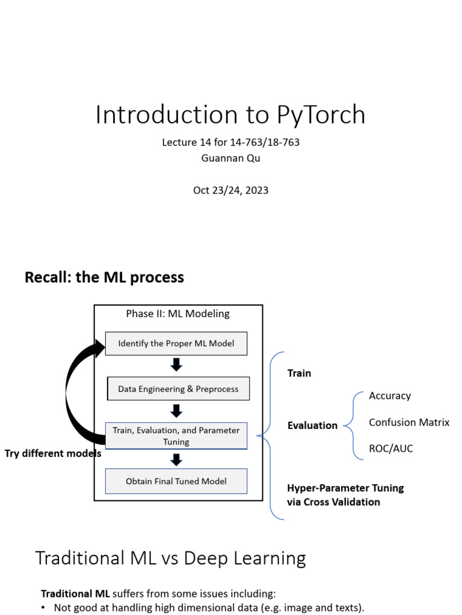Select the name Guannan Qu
pos(230,158)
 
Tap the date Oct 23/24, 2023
pos(230,190)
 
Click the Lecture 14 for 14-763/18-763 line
pos(230,142)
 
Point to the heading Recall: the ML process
pos(104,277)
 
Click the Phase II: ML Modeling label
pos(177,314)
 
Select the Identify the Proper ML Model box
pos(176,344)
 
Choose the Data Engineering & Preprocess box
pos(178,389)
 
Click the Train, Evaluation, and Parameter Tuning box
pos(176,436)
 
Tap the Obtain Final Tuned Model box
pos(176,481)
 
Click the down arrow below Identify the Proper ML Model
pos(176,365)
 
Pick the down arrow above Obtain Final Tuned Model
pos(176,459)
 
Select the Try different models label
pos(53,453)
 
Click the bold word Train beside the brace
pos(299,373)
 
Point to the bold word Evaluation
pos(312,425)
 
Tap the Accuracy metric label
pos(390,396)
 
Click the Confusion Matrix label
pos(409,422)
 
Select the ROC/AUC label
pos(391,449)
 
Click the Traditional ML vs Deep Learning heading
pos(170,558)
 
